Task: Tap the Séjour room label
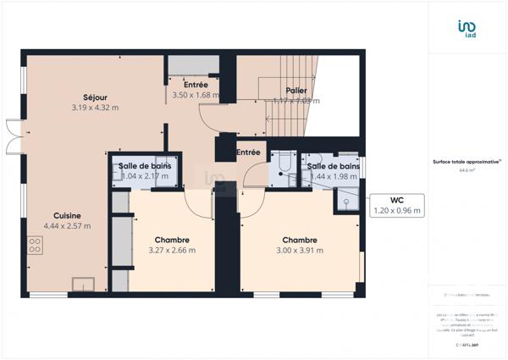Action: tap(95, 97)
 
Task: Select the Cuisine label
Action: tap(68, 215)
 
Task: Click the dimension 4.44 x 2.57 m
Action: tap(68, 226)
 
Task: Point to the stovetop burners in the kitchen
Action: tap(36, 246)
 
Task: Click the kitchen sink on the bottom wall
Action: tap(84, 283)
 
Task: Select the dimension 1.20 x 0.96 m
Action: tap(397, 211)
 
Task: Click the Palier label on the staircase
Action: tap(296, 90)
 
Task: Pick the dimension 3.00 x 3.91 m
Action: tap(300, 251)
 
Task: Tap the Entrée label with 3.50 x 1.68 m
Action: tap(196, 85)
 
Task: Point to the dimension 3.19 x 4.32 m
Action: tap(95, 108)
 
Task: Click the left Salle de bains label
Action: tap(145, 166)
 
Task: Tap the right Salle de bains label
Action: tap(333, 166)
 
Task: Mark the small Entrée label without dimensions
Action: tap(248, 152)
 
